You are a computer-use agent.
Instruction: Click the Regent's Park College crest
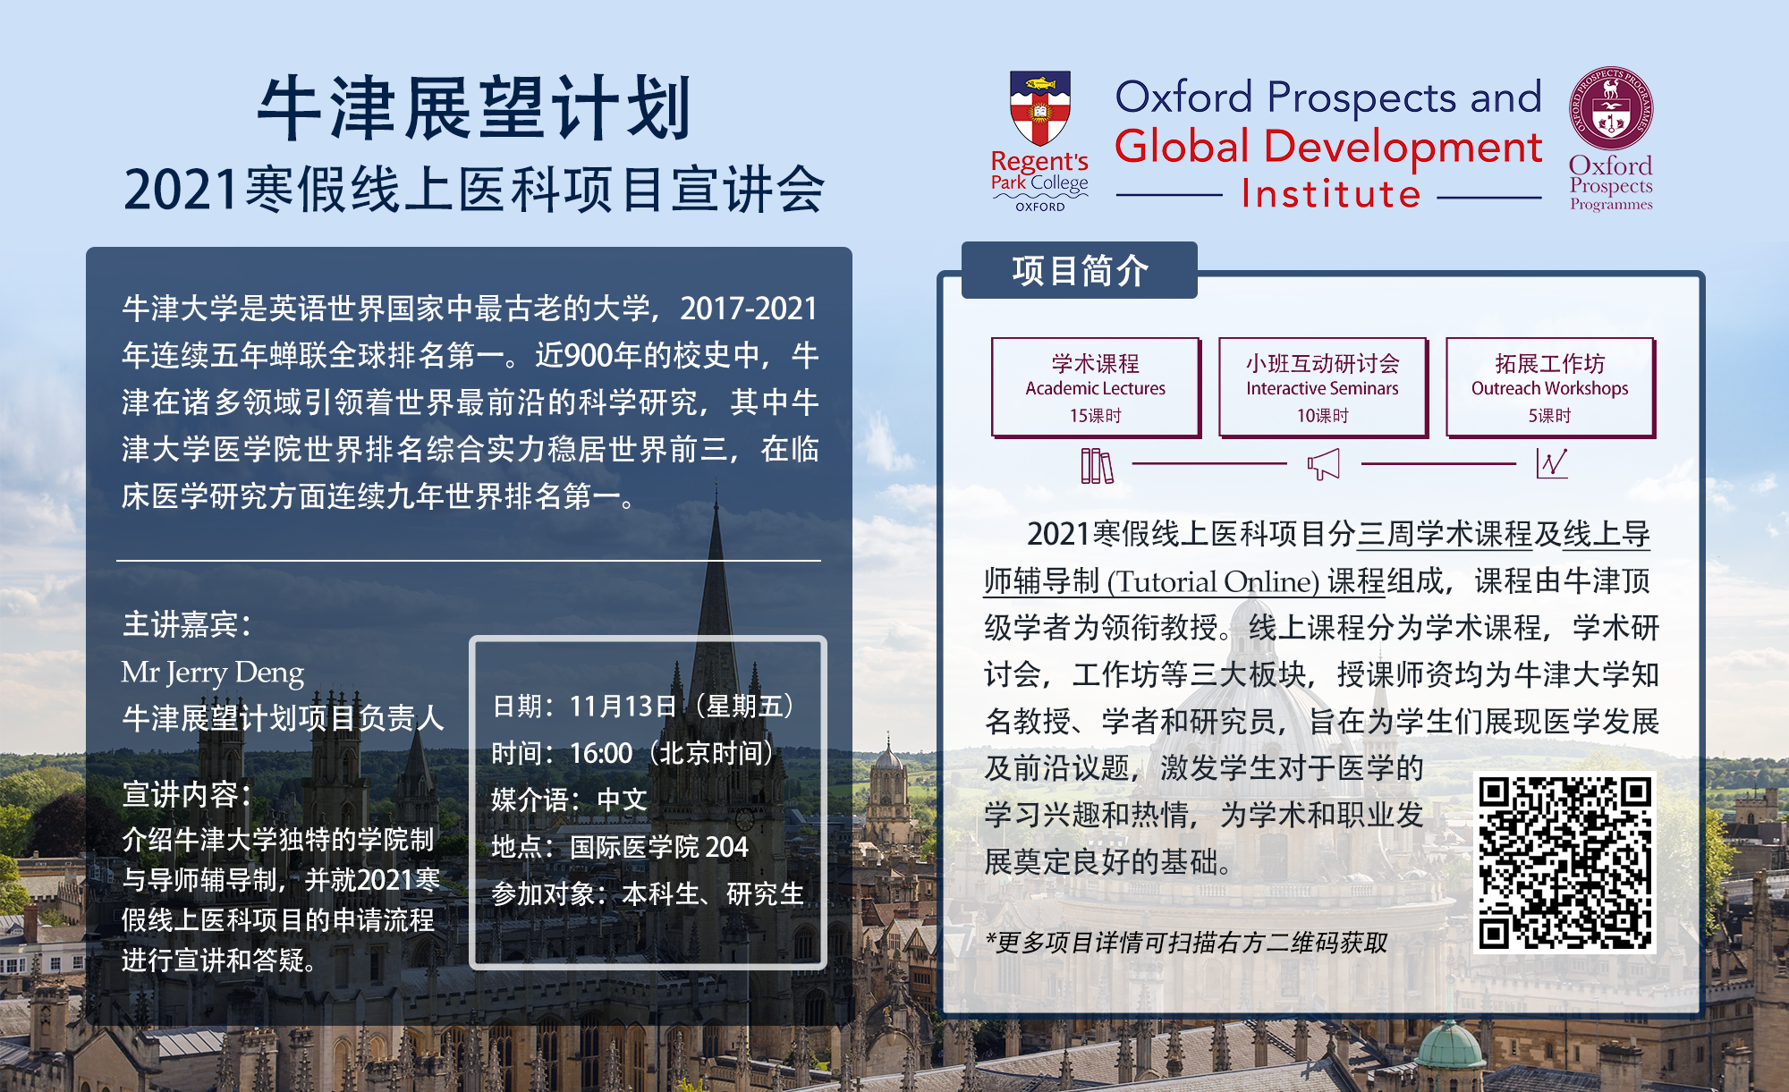pyautogui.click(x=1039, y=108)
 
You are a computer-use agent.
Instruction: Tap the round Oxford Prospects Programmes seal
pyautogui.click(x=1611, y=108)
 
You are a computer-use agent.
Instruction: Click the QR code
pyautogui.click(x=1564, y=862)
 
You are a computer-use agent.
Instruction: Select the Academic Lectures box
pyautogui.click(x=1096, y=387)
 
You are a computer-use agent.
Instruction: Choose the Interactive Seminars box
pyautogui.click(x=1323, y=387)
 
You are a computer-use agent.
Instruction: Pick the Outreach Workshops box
pyautogui.click(x=1550, y=387)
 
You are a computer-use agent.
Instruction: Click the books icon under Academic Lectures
pyautogui.click(x=1097, y=465)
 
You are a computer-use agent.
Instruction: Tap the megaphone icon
pyautogui.click(x=1324, y=464)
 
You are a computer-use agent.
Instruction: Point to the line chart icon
pyautogui.click(x=1552, y=463)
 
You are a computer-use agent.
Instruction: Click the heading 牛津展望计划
pyautogui.click(x=474, y=108)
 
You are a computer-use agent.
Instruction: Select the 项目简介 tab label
pyautogui.click(x=1080, y=270)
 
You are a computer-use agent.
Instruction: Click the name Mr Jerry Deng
pyautogui.click(x=213, y=672)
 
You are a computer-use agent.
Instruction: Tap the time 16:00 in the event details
pyautogui.click(x=601, y=753)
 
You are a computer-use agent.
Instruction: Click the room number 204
pyautogui.click(x=726, y=846)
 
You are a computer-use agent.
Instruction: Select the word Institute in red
pyautogui.click(x=1331, y=194)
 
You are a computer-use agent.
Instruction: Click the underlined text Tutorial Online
pyautogui.click(x=1213, y=581)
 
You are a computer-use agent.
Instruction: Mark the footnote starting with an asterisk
pyautogui.click(x=1186, y=942)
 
